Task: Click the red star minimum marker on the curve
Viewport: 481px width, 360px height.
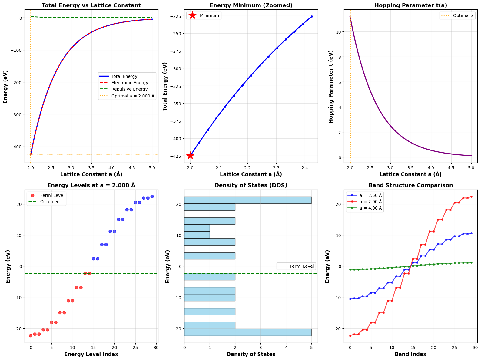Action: pos(190,156)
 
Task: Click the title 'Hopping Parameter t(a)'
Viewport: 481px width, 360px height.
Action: pos(410,5)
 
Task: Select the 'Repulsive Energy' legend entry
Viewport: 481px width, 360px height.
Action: pos(129,89)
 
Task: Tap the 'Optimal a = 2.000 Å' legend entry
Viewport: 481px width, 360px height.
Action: pos(133,96)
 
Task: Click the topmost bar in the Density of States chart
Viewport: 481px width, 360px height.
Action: pos(248,200)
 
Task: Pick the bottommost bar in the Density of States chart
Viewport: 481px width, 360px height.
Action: pos(248,332)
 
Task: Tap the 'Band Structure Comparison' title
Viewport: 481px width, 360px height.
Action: pos(410,185)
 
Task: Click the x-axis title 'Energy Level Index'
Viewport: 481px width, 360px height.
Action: pos(91,354)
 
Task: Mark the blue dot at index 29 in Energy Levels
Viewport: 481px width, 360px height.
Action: pos(152,197)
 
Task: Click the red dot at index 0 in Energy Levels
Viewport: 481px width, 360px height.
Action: pos(31,335)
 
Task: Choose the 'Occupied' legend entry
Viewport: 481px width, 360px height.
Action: pos(50,202)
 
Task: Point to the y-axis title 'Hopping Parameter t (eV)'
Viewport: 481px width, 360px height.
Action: pos(331,87)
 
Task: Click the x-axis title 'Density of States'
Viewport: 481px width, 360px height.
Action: pos(251,354)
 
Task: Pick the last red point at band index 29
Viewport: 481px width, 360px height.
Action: pos(471,197)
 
